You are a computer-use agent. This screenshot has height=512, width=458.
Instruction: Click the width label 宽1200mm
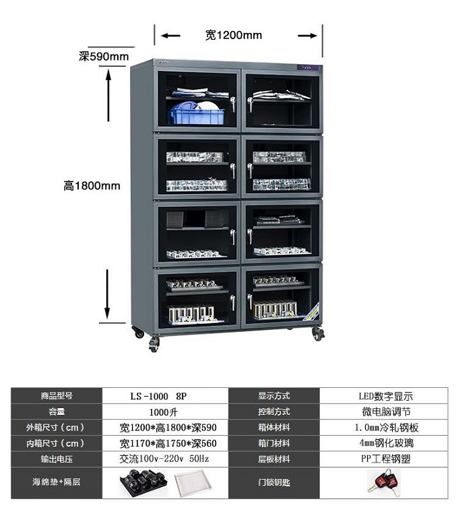tap(234, 35)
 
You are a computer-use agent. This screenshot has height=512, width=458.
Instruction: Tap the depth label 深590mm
tap(104, 57)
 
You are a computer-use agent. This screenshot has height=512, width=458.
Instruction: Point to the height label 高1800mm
tap(92, 186)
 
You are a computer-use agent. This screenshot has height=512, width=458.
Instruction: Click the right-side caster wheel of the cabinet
tap(317, 334)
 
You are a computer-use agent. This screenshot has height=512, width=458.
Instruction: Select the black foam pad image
tap(141, 484)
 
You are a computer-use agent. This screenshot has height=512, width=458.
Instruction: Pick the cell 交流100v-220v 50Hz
tap(165, 459)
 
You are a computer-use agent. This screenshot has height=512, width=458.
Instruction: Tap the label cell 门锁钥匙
tap(273, 483)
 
